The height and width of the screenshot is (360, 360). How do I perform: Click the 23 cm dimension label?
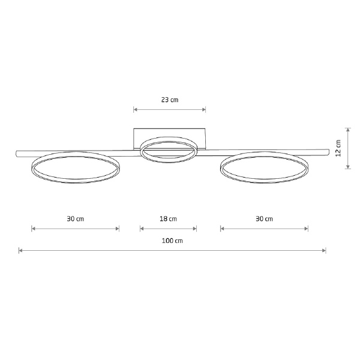coord(170,100)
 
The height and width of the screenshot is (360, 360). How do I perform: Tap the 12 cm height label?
coord(338,148)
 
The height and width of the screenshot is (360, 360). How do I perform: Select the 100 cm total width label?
coord(172,241)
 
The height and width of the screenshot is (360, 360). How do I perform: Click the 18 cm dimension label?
coord(168,219)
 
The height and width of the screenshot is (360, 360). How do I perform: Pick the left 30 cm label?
coord(76,219)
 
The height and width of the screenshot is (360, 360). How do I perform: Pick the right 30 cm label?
coord(264,219)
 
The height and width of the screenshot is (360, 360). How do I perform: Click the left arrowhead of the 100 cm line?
coord(20,250)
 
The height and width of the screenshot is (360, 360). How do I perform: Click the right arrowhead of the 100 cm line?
coord(324,250)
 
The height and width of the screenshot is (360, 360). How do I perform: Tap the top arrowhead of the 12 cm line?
coord(348,130)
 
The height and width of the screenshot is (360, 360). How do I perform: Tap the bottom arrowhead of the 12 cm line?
coord(348,167)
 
